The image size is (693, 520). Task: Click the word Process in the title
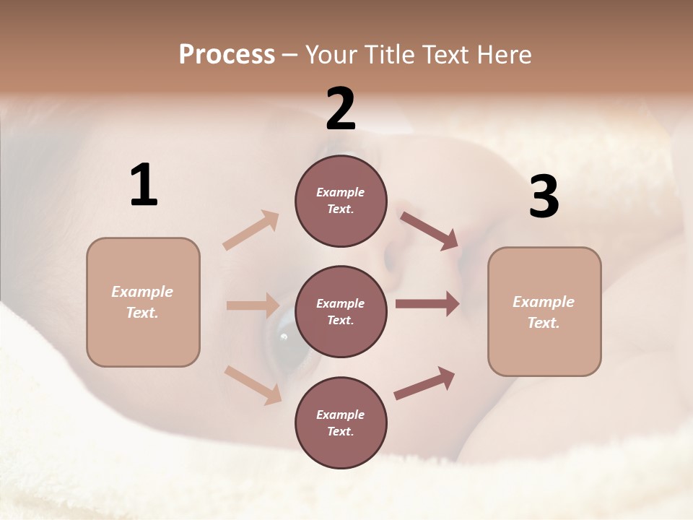[227, 54]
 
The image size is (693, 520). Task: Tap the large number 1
[144, 185]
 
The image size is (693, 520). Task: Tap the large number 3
[544, 197]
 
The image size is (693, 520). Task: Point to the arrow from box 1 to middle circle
[253, 305]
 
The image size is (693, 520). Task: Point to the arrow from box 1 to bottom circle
[253, 385]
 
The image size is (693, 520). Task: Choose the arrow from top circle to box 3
[430, 231]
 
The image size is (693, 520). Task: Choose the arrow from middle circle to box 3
[427, 304]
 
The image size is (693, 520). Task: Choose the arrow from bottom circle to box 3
[424, 383]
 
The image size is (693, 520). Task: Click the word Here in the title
[504, 54]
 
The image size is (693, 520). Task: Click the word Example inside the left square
[142, 292]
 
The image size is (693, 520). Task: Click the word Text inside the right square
[544, 322]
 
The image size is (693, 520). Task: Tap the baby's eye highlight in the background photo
[284, 337]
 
